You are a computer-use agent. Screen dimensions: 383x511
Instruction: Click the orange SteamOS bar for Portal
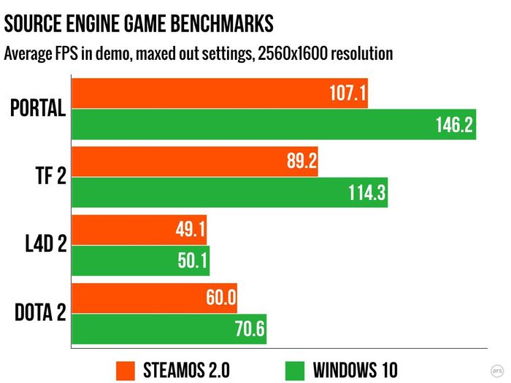219,94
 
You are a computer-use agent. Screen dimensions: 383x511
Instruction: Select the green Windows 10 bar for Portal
274,125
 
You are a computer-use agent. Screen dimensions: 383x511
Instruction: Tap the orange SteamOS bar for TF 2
195,162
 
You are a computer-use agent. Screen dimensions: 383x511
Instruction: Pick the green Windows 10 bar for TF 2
229,193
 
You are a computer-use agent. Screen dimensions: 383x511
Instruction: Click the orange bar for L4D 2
139,230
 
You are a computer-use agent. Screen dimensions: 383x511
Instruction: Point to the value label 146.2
453,125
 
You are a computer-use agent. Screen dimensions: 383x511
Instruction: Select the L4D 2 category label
42,245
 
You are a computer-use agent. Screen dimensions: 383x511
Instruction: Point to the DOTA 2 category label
40,313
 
